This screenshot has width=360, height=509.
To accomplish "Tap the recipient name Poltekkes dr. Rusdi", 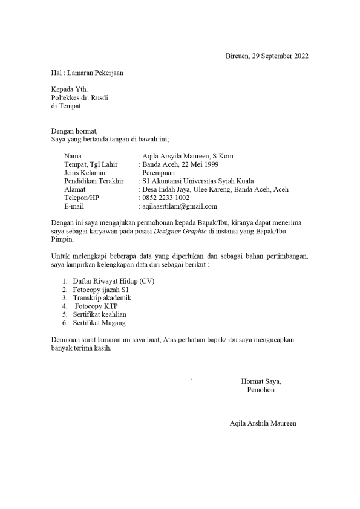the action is (x=79, y=97).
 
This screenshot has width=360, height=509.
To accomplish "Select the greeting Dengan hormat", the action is (x=74, y=131).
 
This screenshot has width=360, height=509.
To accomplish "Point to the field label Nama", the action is (x=72, y=156).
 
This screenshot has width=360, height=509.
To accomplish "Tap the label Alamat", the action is (x=74, y=189).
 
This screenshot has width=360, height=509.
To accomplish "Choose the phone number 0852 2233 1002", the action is (x=165, y=198).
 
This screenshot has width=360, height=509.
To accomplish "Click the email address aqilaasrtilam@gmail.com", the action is (x=179, y=206).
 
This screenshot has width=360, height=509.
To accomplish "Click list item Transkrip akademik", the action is (x=102, y=298).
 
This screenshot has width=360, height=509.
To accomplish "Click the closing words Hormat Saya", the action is (x=261, y=381).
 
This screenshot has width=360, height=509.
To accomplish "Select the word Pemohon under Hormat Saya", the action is (x=261, y=390).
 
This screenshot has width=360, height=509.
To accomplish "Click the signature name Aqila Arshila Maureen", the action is (x=263, y=423).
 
